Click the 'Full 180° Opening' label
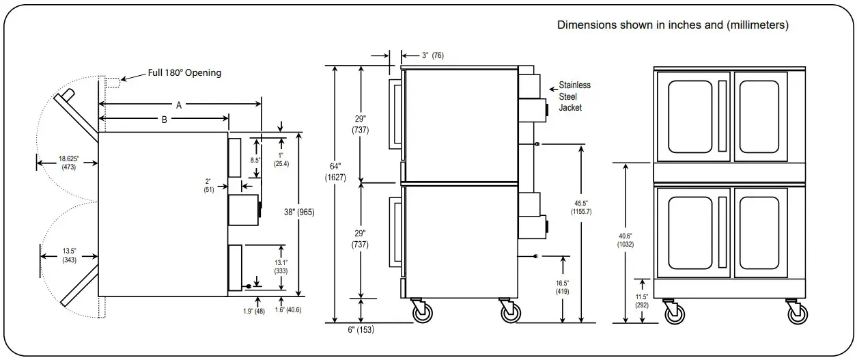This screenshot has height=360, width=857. tap(184, 72)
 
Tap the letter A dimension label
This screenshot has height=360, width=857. tap(179, 105)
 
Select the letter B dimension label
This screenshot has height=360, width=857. tap(164, 120)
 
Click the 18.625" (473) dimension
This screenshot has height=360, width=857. tap(68, 163)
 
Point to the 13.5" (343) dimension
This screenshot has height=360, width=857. tap(68, 255)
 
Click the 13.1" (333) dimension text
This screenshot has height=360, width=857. tap(280, 266)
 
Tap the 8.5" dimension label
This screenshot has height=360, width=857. tap(255, 160)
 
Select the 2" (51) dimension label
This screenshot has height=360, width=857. tap(209, 186)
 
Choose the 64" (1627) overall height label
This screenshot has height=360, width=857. tap(335, 172)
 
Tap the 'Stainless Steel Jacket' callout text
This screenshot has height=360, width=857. tap(574, 96)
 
